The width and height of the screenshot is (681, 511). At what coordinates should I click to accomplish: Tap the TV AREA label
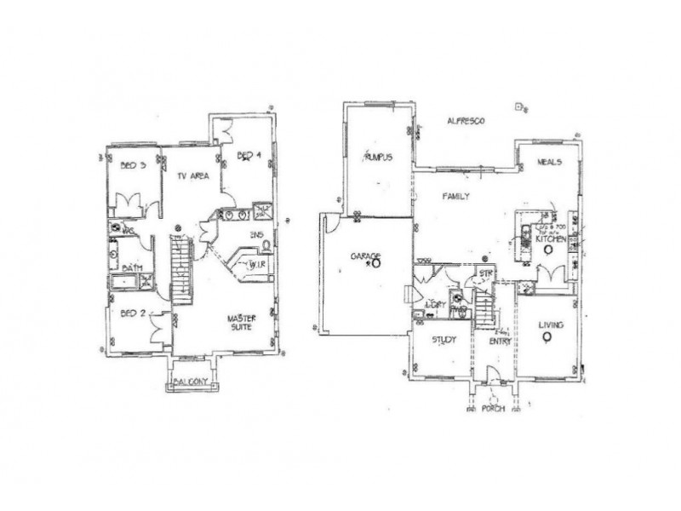[x=193, y=177]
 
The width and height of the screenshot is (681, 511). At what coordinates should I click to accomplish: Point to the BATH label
[x=131, y=267]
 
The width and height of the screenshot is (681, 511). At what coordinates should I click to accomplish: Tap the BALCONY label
[x=192, y=382]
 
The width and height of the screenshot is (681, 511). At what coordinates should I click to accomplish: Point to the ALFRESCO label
[x=466, y=123]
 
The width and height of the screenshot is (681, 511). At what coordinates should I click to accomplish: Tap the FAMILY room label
[x=456, y=196]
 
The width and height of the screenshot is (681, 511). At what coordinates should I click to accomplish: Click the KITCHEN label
[x=552, y=240]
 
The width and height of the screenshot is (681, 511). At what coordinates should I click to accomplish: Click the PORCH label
[x=492, y=409]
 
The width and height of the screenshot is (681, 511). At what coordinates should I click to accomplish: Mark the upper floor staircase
[x=181, y=267]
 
